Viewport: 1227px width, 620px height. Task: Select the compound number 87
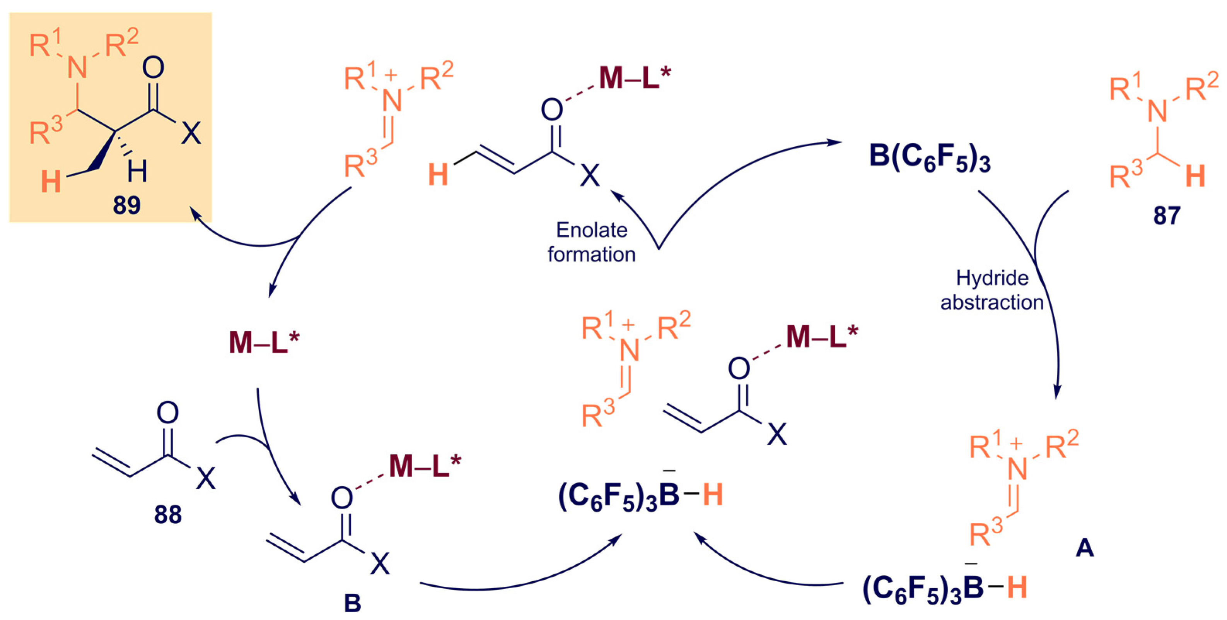1167,216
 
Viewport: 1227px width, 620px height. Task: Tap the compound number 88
168,515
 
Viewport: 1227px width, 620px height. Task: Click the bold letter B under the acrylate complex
352,603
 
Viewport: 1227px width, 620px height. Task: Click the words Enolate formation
592,242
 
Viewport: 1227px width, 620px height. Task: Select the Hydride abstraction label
992,290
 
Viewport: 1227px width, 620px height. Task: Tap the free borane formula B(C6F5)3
930,157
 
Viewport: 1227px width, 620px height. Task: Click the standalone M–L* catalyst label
264,343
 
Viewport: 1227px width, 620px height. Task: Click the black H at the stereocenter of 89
137,171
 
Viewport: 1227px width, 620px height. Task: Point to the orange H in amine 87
1195,176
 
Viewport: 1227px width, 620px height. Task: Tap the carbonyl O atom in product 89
153,68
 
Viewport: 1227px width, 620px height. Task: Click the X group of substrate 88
206,478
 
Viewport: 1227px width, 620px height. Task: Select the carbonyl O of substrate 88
168,413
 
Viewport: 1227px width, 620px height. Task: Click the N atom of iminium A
1017,469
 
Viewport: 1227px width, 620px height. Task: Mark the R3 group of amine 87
1125,175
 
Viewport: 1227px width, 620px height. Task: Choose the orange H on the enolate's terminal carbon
438,175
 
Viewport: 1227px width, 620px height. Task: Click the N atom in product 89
77,68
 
